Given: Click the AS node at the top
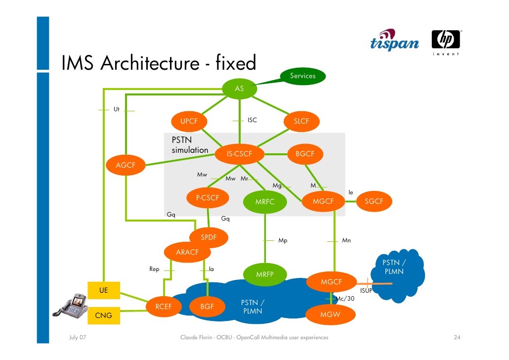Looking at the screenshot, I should (239, 89).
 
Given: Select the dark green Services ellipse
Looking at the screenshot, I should (302, 76).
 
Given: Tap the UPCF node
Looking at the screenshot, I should (189, 121).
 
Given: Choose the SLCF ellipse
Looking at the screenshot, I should (301, 121).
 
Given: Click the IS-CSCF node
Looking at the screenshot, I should (239, 154).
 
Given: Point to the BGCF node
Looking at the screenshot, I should (304, 154).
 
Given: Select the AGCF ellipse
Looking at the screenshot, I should (126, 165).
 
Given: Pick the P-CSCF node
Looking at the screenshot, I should (208, 198).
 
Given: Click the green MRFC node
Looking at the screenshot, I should (264, 202).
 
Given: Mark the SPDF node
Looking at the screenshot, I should (209, 237).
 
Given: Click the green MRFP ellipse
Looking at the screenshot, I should (264, 274).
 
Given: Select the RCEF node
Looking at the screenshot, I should (164, 307).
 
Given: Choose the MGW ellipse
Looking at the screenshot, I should (330, 315).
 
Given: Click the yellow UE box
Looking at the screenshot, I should (104, 290).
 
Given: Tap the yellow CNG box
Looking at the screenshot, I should (104, 315).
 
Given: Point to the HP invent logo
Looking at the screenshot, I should (446, 42).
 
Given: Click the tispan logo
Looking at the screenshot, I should (394, 41).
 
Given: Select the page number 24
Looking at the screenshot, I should (457, 338).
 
